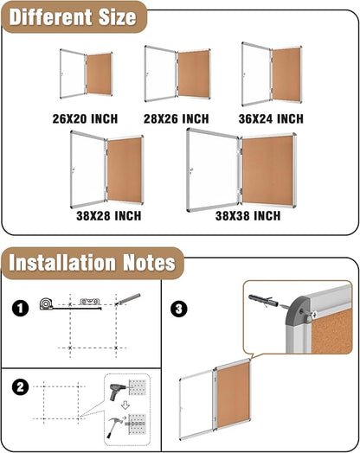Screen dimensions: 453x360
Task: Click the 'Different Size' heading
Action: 73,16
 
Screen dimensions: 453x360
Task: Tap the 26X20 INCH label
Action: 84,118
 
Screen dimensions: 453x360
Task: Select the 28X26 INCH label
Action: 177,118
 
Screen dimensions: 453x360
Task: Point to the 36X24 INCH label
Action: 271,118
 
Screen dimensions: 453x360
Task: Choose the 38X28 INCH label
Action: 107,215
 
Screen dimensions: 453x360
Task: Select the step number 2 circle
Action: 21,386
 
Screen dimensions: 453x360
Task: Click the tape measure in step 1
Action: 47,304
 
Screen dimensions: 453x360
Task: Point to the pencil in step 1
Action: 127,298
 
